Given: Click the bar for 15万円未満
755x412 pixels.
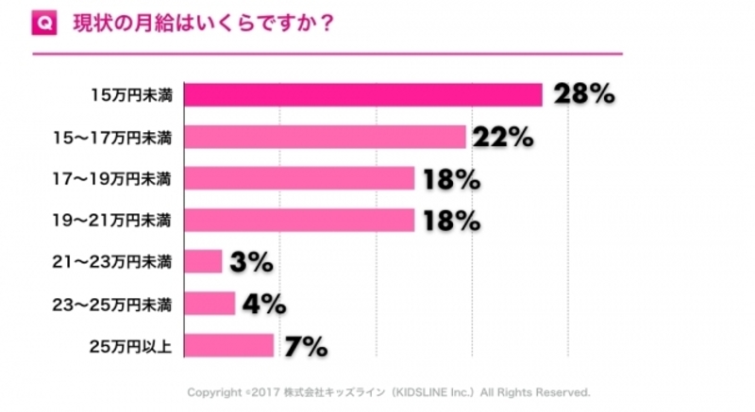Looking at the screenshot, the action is coord(363,94).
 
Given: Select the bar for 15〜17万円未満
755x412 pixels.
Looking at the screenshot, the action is coord(326,137).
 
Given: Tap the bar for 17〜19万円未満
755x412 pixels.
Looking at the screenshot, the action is coord(299,178).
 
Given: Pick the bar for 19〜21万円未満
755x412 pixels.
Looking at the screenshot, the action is coord(299,221).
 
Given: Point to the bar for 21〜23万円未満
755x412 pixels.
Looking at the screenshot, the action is coord(203,261).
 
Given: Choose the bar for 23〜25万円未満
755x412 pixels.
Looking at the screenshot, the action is coord(210,304).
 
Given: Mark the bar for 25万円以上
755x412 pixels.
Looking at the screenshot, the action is coord(229,345).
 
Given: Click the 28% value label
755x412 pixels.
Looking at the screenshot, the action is coord(584,93).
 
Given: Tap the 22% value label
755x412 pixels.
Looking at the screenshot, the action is coord(503,137).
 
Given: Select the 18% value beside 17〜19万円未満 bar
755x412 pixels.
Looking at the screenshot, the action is coord(452,179).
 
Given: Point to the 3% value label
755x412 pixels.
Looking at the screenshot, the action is coord(251,262).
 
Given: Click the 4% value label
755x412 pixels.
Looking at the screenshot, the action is coord(264,304).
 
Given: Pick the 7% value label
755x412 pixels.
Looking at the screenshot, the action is coord(306,346).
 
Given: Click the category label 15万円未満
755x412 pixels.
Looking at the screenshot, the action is coord(131,95).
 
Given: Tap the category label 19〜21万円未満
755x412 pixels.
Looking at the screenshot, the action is coord(111,221).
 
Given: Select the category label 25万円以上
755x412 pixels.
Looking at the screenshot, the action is coord(130,346).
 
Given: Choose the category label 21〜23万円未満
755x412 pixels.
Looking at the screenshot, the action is coord(111,262).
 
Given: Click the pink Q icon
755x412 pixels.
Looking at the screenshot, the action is coord(44,23).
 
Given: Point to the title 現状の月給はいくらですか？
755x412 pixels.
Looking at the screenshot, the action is coord(203,24).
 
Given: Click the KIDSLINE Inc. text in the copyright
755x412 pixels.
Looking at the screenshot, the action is coord(433,392).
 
